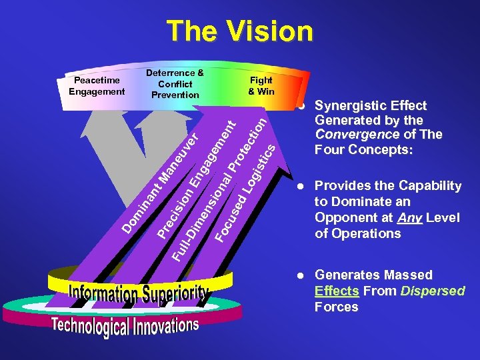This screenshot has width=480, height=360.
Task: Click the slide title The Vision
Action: [x=239, y=31]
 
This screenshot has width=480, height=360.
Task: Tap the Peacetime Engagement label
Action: [x=97, y=86]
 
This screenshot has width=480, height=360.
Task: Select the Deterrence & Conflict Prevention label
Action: [x=175, y=84]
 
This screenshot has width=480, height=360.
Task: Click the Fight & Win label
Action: [x=261, y=86]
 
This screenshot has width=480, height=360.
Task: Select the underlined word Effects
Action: [x=337, y=291]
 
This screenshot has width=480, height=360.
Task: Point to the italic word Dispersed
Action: [x=433, y=291]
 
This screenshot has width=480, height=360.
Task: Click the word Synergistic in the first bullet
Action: [x=347, y=105]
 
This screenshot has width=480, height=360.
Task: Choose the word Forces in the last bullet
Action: [x=337, y=307]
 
